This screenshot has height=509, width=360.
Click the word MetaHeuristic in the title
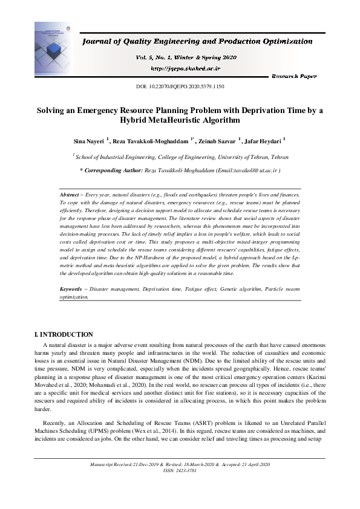click(x=161, y=121)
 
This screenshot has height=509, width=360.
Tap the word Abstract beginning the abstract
click(x=71, y=195)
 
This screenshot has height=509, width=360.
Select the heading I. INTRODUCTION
click(x=64, y=334)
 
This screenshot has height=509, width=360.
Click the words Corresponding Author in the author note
click(x=113, y=171)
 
